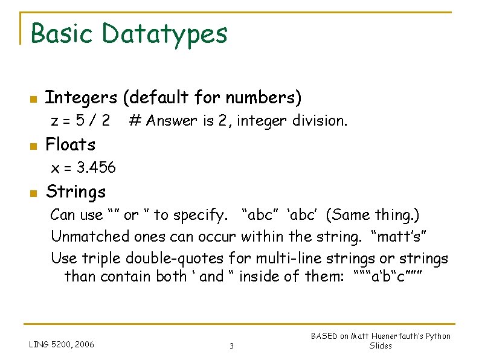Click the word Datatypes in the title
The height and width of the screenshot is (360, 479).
[165, 34]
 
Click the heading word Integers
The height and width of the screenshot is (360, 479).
[82, 97]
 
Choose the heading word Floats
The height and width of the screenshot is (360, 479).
[71, 145]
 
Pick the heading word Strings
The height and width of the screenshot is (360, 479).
[76, 193]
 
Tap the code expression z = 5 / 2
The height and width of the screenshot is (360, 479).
[80, 121]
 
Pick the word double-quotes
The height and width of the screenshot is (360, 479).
[175, 259]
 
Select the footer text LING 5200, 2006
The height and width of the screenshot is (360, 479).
[61, 345]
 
